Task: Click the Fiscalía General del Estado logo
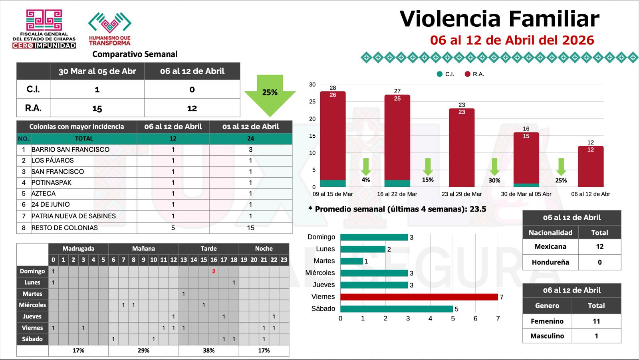[44, 29]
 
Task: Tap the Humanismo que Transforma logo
[110, 29]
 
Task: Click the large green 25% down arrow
[270, 94]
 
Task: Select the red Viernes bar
[419, 297]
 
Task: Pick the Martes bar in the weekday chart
[351, 261]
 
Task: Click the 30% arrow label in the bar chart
[494, 180]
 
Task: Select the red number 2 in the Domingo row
[214, 271]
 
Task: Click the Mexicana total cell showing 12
[599, 247]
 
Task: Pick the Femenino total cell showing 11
[596, 321]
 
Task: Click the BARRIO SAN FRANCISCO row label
[70, 150]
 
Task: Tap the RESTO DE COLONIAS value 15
[250, 228]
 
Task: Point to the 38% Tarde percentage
[208, 350]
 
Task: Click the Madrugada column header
[78, 249]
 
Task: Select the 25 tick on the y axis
[312, 102]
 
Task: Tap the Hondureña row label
[550, 262]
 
